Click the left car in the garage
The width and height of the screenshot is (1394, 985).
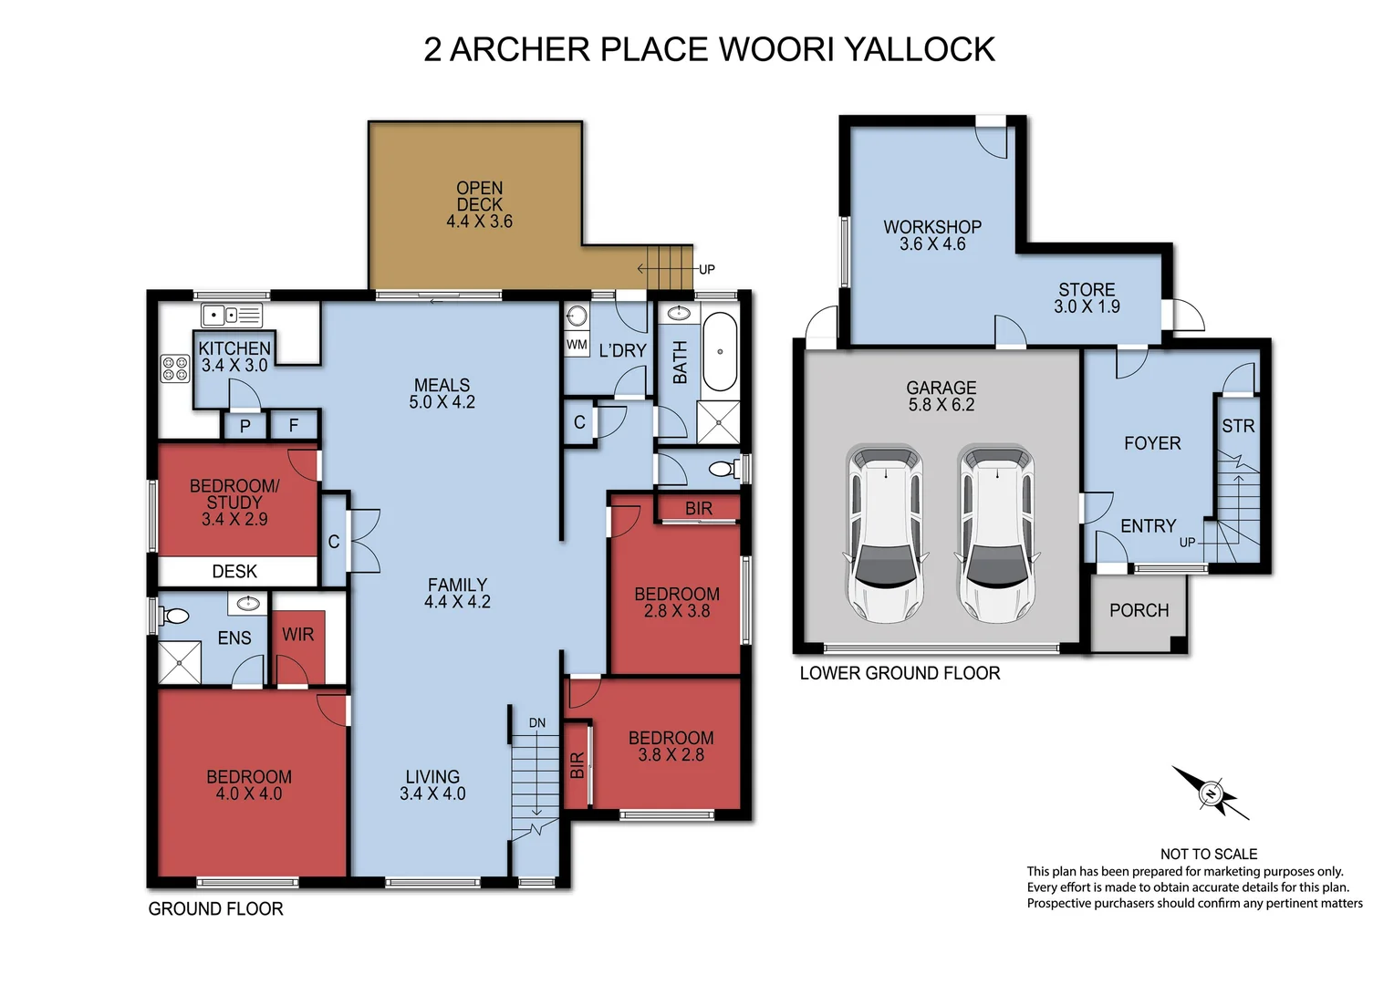point(886,534)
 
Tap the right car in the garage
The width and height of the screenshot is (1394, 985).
point(997,534)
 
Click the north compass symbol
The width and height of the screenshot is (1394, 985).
point(1211,793)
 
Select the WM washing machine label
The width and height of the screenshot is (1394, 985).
point(577,344)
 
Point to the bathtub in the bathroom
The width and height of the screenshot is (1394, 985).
point(720,351)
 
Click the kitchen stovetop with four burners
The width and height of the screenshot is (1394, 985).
point(175,368)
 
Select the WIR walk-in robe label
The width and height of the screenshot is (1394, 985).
point(297,635)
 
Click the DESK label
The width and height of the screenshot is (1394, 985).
point(234,571)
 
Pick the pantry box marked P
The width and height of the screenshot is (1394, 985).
point(245,427)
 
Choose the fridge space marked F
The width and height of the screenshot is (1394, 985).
point(294,426)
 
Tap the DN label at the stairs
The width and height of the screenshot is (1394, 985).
point(537,723)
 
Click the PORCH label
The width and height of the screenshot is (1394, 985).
point(1139,610)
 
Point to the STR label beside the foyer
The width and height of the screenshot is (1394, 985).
point(1238,426)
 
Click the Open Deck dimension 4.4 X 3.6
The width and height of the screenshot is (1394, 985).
point(479,222)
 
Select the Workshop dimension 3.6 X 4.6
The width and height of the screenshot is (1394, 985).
point(932,244)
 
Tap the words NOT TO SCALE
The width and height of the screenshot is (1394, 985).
point(1209,855)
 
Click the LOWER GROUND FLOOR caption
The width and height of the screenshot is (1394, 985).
point(900,673)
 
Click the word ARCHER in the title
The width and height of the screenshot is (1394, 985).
point(520,49)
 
